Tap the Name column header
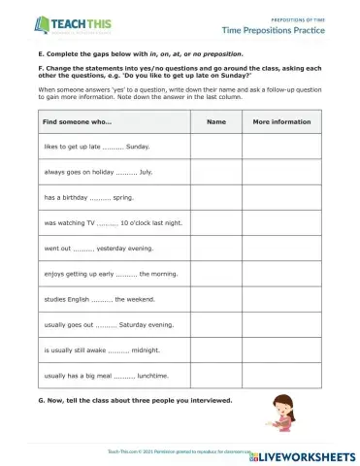[215, 122]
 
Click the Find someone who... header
[78, 122]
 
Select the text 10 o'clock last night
[150, 222]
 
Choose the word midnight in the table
[145, 349]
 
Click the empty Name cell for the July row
[215, 172]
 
